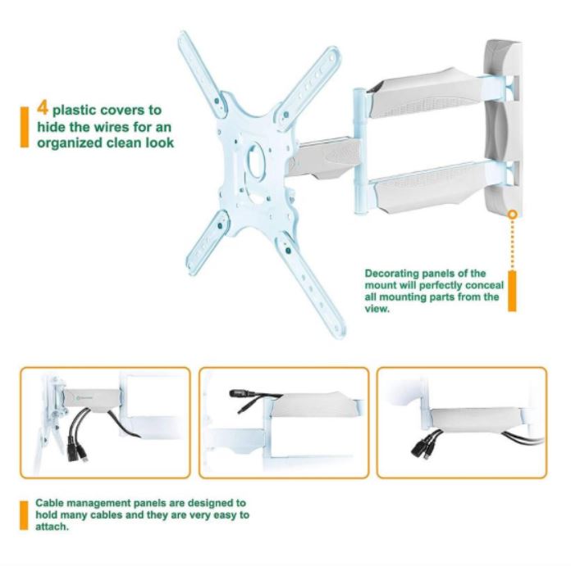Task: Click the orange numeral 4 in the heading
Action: coord(42,107)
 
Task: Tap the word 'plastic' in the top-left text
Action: coord(75,111)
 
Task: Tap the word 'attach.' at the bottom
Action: coord(52,527)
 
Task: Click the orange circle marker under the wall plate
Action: coord(513,215)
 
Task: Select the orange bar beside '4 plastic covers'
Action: coord(24,127)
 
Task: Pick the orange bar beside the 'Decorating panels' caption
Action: coord(512,291)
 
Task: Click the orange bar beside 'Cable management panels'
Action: coord(24,515)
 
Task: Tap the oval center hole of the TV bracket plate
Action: coord(255,161)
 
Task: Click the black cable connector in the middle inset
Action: coord(240,393)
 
